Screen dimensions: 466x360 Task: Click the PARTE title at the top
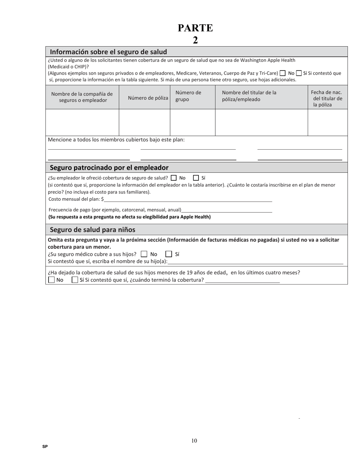[x=195, y=28]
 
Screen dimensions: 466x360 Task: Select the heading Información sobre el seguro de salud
[x=108, y=52]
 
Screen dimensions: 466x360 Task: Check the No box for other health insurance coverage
[x=282, y=73]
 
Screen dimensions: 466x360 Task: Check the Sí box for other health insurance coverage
[x=299, y=73]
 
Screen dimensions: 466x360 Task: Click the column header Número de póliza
[x=148, y=98]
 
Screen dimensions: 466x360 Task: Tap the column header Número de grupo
[x=188, y=96]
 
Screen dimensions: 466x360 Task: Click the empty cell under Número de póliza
[x=144, y=122]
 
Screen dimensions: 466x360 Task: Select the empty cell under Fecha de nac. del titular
[x=327, y=122]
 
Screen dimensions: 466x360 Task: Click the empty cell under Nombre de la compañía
[x=82, y=122]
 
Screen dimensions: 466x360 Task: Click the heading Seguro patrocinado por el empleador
[x=109, y=167]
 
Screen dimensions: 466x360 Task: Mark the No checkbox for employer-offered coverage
[x=174, y=178]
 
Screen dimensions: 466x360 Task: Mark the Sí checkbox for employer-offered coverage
[x=196, y=178]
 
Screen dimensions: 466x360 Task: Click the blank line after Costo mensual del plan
[x=188, y=199]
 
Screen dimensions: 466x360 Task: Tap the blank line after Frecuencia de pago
[x=227, y=210]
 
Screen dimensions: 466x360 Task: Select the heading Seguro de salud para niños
[x=92, y=230]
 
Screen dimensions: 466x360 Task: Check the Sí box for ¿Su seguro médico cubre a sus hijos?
[x=169, y=254]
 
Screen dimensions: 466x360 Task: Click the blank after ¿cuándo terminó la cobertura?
[x=242, y=280]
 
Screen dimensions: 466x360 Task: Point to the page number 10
[x=194, y=441]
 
